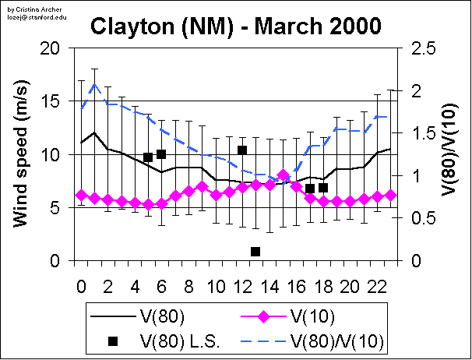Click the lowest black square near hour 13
(255, 251)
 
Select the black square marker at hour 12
(242, 150)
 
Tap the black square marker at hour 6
(161, 154)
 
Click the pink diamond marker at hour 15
(283, 175)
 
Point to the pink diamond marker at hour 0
(81, 196)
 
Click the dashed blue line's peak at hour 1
(94, 84)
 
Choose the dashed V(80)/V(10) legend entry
(319, 341)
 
